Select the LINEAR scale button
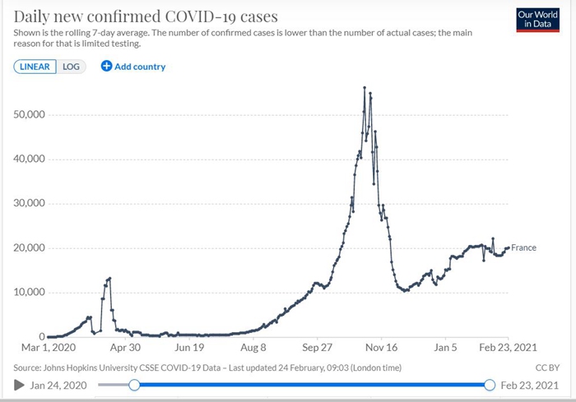coord(35,67)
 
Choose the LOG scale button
coord(72,67)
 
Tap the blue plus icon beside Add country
coord(106,67)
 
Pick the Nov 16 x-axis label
coord(382,347)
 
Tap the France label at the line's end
coord(524,247)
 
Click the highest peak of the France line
coord(365,87)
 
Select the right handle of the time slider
coord(490,385)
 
